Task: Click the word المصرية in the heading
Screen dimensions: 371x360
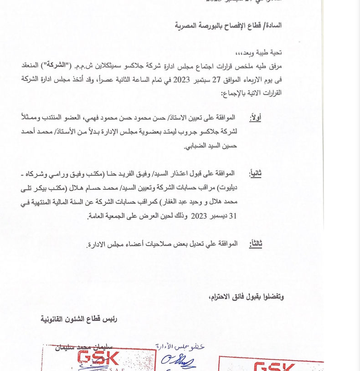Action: tap(188, 25)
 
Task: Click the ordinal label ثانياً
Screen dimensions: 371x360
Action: tap(255, 173)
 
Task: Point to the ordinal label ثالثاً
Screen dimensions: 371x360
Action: tap(255, 244)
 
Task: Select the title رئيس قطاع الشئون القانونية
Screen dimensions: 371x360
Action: tap(79, 319)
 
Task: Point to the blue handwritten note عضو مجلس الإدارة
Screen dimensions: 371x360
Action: tap(180, 347)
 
